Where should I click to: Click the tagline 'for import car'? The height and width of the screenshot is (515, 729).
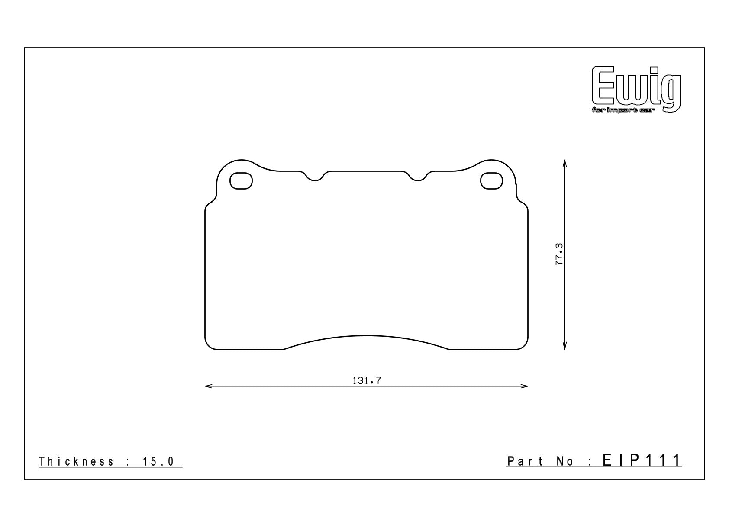(622, 111)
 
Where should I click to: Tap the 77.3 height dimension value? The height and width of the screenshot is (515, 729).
(559, 254)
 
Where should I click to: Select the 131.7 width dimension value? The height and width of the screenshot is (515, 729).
(367, 381)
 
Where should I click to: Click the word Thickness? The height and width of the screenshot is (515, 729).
(76, 461)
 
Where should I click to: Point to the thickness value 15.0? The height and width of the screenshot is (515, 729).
(158, 461)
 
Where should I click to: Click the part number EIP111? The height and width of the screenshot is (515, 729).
(642, 460)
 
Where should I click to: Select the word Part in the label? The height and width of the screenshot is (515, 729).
(525, 461)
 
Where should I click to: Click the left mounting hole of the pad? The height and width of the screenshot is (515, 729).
(241, 180)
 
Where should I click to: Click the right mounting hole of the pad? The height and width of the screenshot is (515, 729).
(491, 180)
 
